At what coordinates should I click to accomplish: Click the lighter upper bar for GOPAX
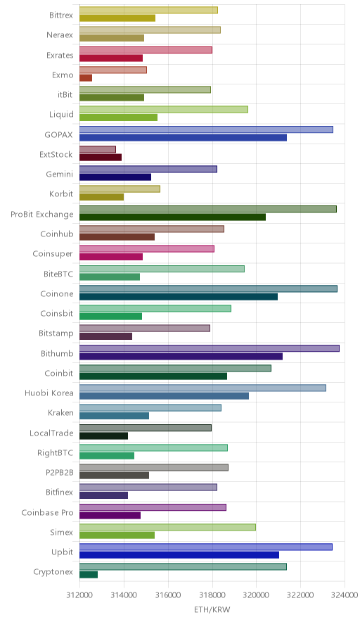(206, 129)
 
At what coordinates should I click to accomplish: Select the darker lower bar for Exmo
(86, 78)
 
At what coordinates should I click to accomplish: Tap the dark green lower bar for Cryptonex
(89, 574)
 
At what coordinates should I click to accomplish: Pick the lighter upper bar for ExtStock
(98, 150)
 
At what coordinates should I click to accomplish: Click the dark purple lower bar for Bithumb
(181, 356)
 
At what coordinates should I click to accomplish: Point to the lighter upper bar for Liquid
(164, 110)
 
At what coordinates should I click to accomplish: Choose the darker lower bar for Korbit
(101, 197)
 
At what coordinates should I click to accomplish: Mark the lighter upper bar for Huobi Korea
(202, 388)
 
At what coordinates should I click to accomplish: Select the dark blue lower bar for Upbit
(179, 554)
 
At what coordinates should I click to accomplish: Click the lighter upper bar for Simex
(168, 527)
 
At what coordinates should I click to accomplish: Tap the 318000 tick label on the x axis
(212, 595)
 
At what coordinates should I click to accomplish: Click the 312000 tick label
(79, 595)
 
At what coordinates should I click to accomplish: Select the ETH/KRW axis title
(212, 610)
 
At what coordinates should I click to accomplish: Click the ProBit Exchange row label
(42, 214)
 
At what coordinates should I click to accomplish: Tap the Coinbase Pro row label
(48, 512)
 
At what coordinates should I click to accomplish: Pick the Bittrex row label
(61, 15)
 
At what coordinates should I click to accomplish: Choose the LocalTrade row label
(51, 433)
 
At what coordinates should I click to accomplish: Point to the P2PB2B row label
(60, 472)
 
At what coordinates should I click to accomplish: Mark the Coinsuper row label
(53, 254)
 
